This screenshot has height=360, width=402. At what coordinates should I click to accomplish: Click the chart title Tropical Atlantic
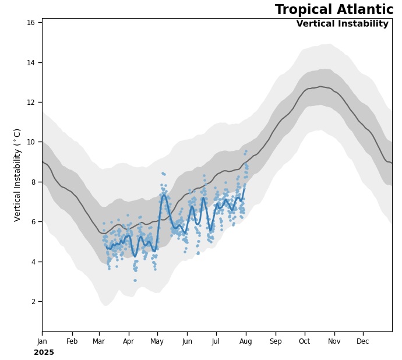pos(334,10)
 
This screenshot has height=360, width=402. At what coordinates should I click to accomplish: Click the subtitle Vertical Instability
pos(342,24)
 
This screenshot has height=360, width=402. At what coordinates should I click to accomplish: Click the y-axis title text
pos(17,175)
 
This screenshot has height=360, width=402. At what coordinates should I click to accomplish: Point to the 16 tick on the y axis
pos(34,22)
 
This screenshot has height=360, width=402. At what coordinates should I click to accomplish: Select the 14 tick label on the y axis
pos(34,62)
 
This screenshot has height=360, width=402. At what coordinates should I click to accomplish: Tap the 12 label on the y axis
pos(34,102)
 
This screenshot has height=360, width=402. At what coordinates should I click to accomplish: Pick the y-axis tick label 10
pos(34,142)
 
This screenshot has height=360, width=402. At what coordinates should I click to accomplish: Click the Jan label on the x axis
pos(42,341)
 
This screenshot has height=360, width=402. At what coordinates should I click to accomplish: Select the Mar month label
pos(98,341)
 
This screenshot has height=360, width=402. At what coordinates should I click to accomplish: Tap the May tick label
pos(157,341)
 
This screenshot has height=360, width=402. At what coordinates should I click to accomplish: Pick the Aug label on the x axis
pos(246,341)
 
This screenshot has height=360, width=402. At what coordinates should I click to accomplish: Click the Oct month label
pos(305,341)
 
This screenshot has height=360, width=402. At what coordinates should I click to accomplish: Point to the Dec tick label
pos(363,341)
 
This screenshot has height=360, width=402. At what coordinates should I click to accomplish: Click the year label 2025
pos(44,352)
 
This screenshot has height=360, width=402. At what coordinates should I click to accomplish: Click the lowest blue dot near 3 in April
pos(135,280)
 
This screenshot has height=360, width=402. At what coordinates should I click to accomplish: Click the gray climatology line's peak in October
pos(320,86)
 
